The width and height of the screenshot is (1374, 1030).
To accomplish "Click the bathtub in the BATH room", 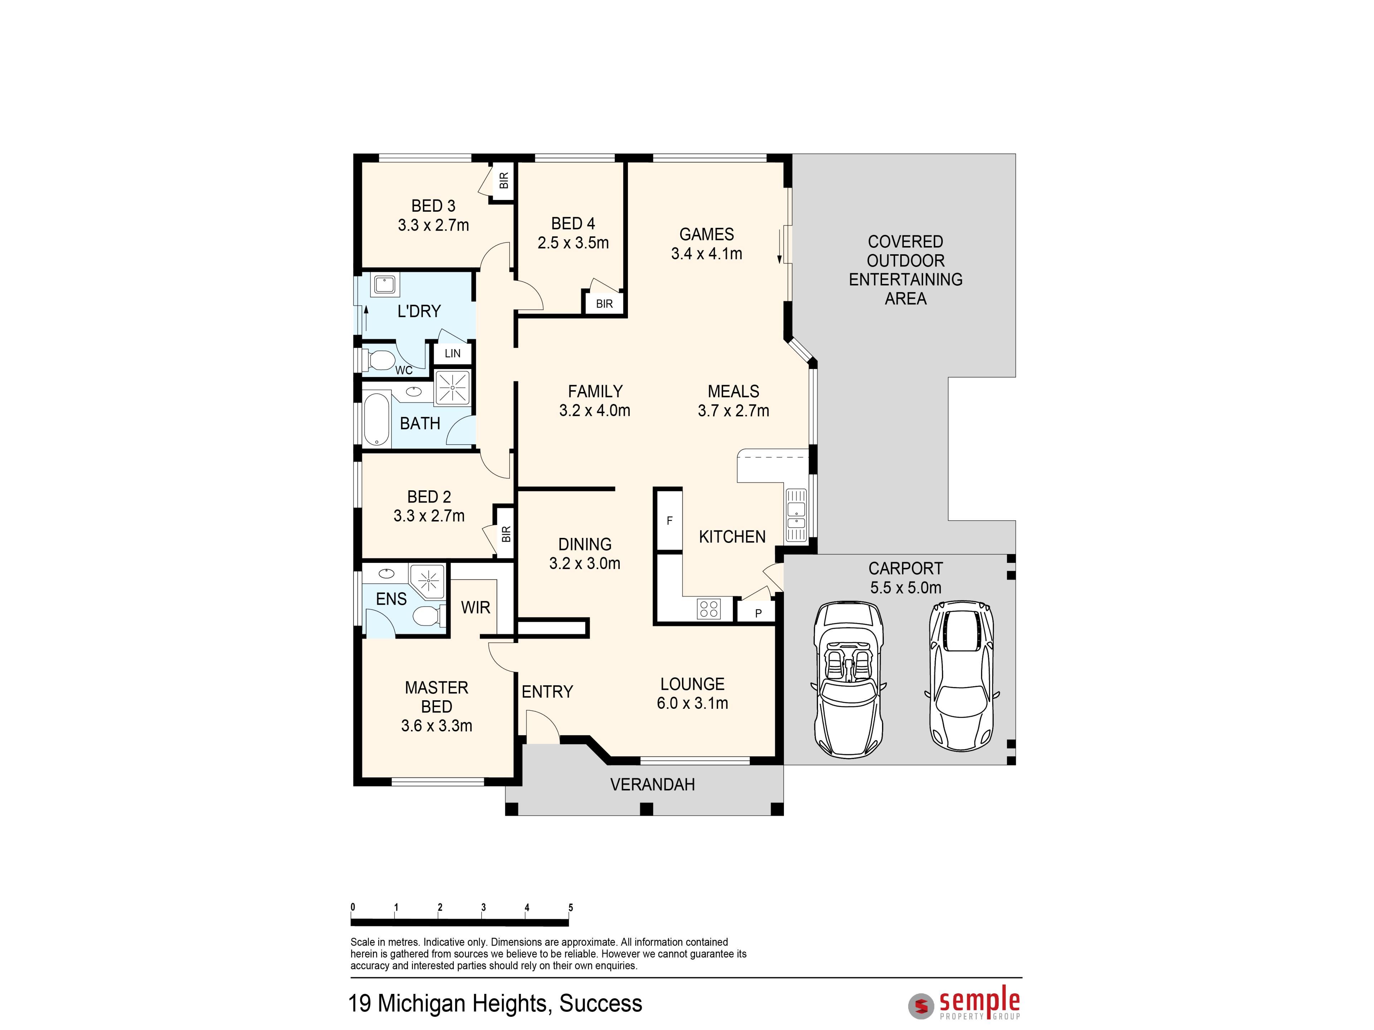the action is point(376,420).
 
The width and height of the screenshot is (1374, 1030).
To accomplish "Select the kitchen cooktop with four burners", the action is point(709,608).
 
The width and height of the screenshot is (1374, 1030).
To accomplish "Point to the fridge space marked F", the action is point(669,520).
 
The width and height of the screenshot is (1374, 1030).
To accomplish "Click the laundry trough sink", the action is point(383,285).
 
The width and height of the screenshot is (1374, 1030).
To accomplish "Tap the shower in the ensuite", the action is point(428,582).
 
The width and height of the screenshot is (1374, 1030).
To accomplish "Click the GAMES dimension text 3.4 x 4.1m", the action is point(706,253).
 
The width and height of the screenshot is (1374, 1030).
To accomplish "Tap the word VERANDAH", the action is point(652,785).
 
